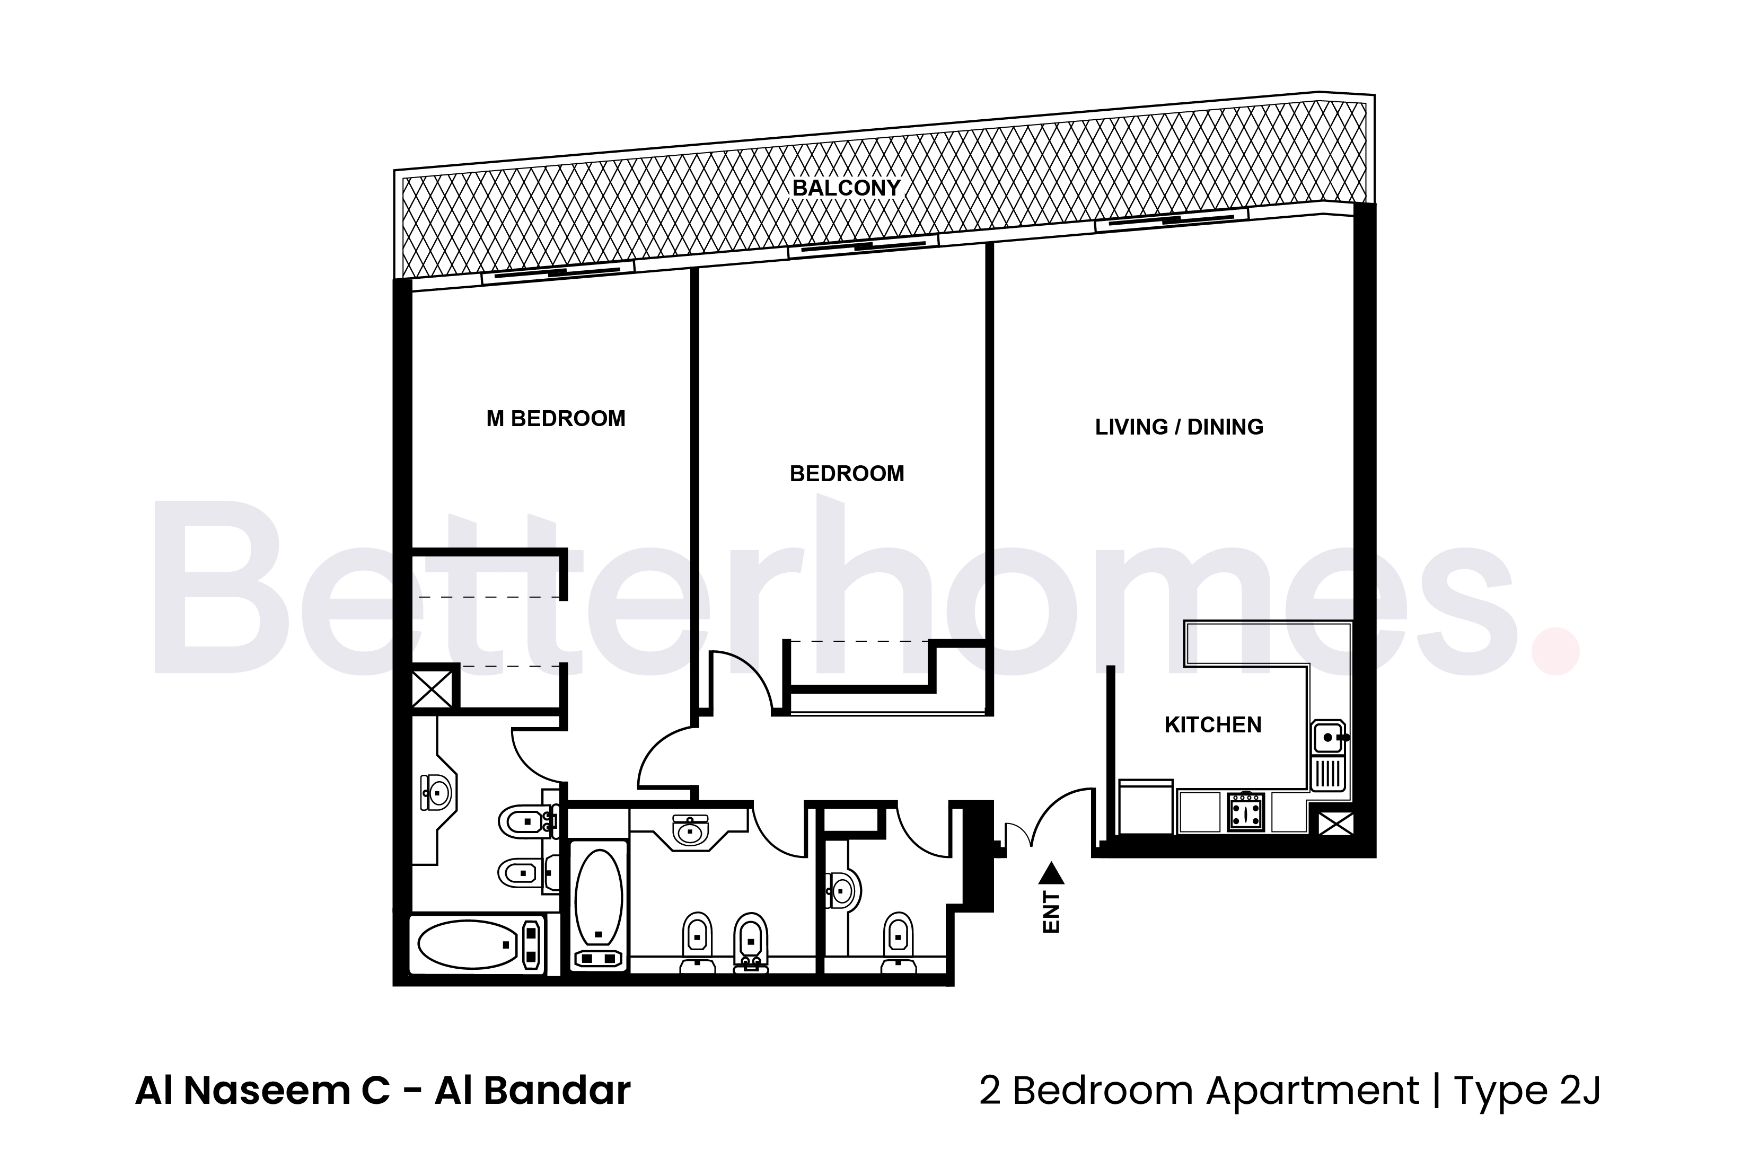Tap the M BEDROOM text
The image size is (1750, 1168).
click(556, 419)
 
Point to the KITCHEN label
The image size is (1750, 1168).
click(1213, 725)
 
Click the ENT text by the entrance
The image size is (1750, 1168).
click(1051, 912)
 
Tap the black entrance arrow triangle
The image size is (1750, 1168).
click(1051, 872)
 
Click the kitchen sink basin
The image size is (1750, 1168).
click(1327, 738)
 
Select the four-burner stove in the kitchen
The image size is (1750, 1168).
click(1246, 811)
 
